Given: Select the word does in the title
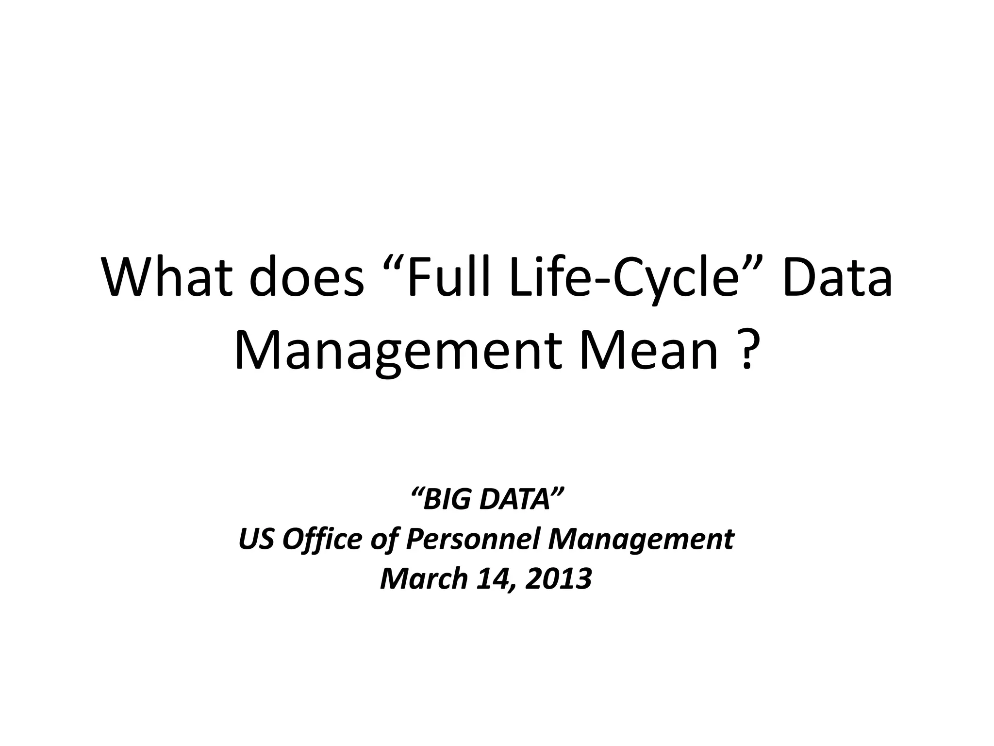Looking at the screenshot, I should click(307, 279).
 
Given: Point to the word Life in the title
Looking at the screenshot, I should click(548, 279).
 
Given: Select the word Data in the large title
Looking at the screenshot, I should click(838, 279).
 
